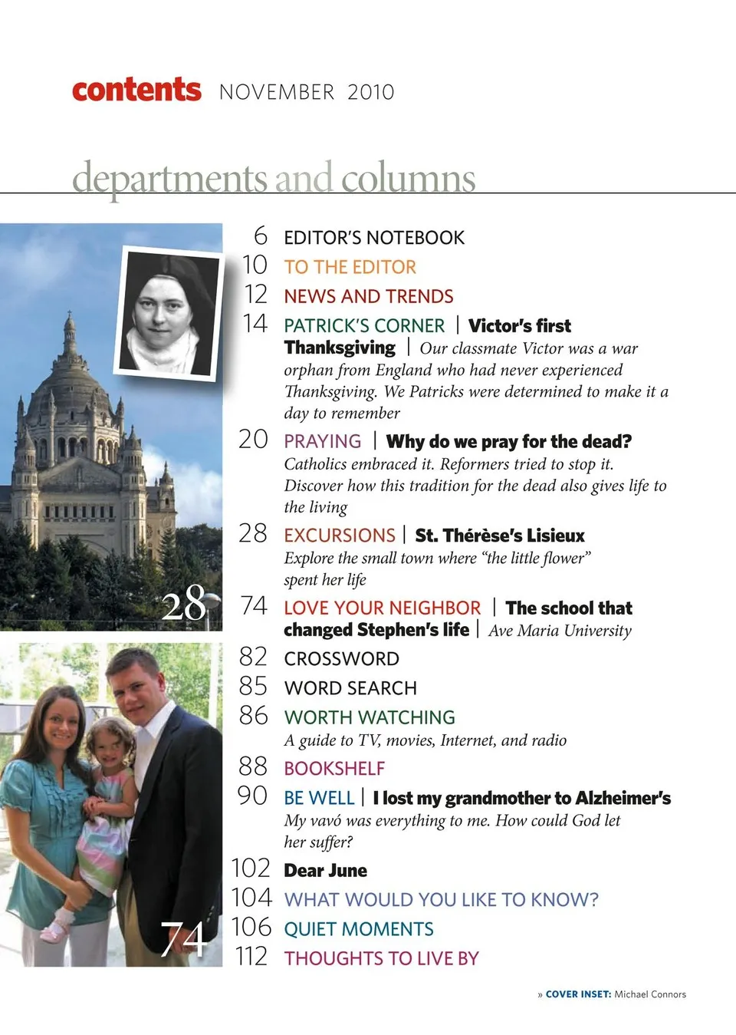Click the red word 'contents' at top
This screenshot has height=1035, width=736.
point(136,90)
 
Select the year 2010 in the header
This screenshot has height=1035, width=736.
point(370,93)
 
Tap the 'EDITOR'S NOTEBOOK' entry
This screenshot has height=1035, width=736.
point(374,238)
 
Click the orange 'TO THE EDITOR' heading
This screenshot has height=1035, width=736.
point(350,267)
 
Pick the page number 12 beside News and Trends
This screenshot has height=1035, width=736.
point(255,295)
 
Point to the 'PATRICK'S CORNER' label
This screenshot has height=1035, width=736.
point(364,325)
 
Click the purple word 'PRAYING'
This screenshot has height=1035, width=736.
point(322,441)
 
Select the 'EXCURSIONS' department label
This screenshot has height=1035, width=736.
point(340,535)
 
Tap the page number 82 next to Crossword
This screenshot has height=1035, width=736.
point(253,657)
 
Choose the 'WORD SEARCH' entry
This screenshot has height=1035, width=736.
point(350,688)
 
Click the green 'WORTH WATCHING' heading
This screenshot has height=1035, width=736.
point(370,717)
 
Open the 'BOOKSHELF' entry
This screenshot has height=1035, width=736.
point(334,768)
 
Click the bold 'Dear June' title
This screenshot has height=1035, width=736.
point(325,871)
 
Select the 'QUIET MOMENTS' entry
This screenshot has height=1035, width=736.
point(359,929)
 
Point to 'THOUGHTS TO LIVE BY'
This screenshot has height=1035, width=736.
point(381,958)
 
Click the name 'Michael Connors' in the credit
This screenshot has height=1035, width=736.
point(650,994)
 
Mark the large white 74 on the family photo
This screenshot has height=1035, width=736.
point(183,938)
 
